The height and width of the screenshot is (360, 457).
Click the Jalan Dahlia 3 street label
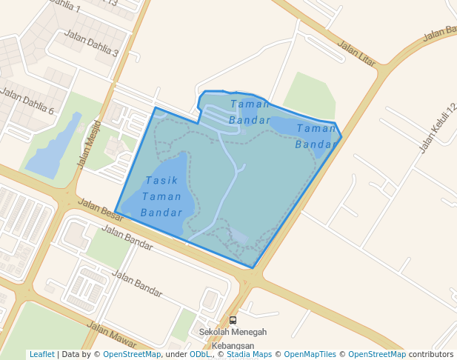[92, 44]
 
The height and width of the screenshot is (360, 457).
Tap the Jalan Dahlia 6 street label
[27, 101]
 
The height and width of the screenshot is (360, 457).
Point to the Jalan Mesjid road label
[88, 144]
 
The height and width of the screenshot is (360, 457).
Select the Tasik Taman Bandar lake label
[161, 196]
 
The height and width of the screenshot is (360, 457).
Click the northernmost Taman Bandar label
[250, 112]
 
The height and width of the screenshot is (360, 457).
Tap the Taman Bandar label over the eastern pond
[317, 136]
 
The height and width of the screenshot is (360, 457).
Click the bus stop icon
[233, 321]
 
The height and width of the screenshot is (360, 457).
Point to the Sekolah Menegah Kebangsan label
[233, 339]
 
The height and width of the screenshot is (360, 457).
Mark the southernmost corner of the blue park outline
[253, 267]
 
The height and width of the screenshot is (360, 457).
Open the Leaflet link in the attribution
[41, 355]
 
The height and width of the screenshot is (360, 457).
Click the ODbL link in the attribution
[200, 355]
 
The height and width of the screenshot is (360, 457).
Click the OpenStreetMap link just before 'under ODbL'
[131, 355]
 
